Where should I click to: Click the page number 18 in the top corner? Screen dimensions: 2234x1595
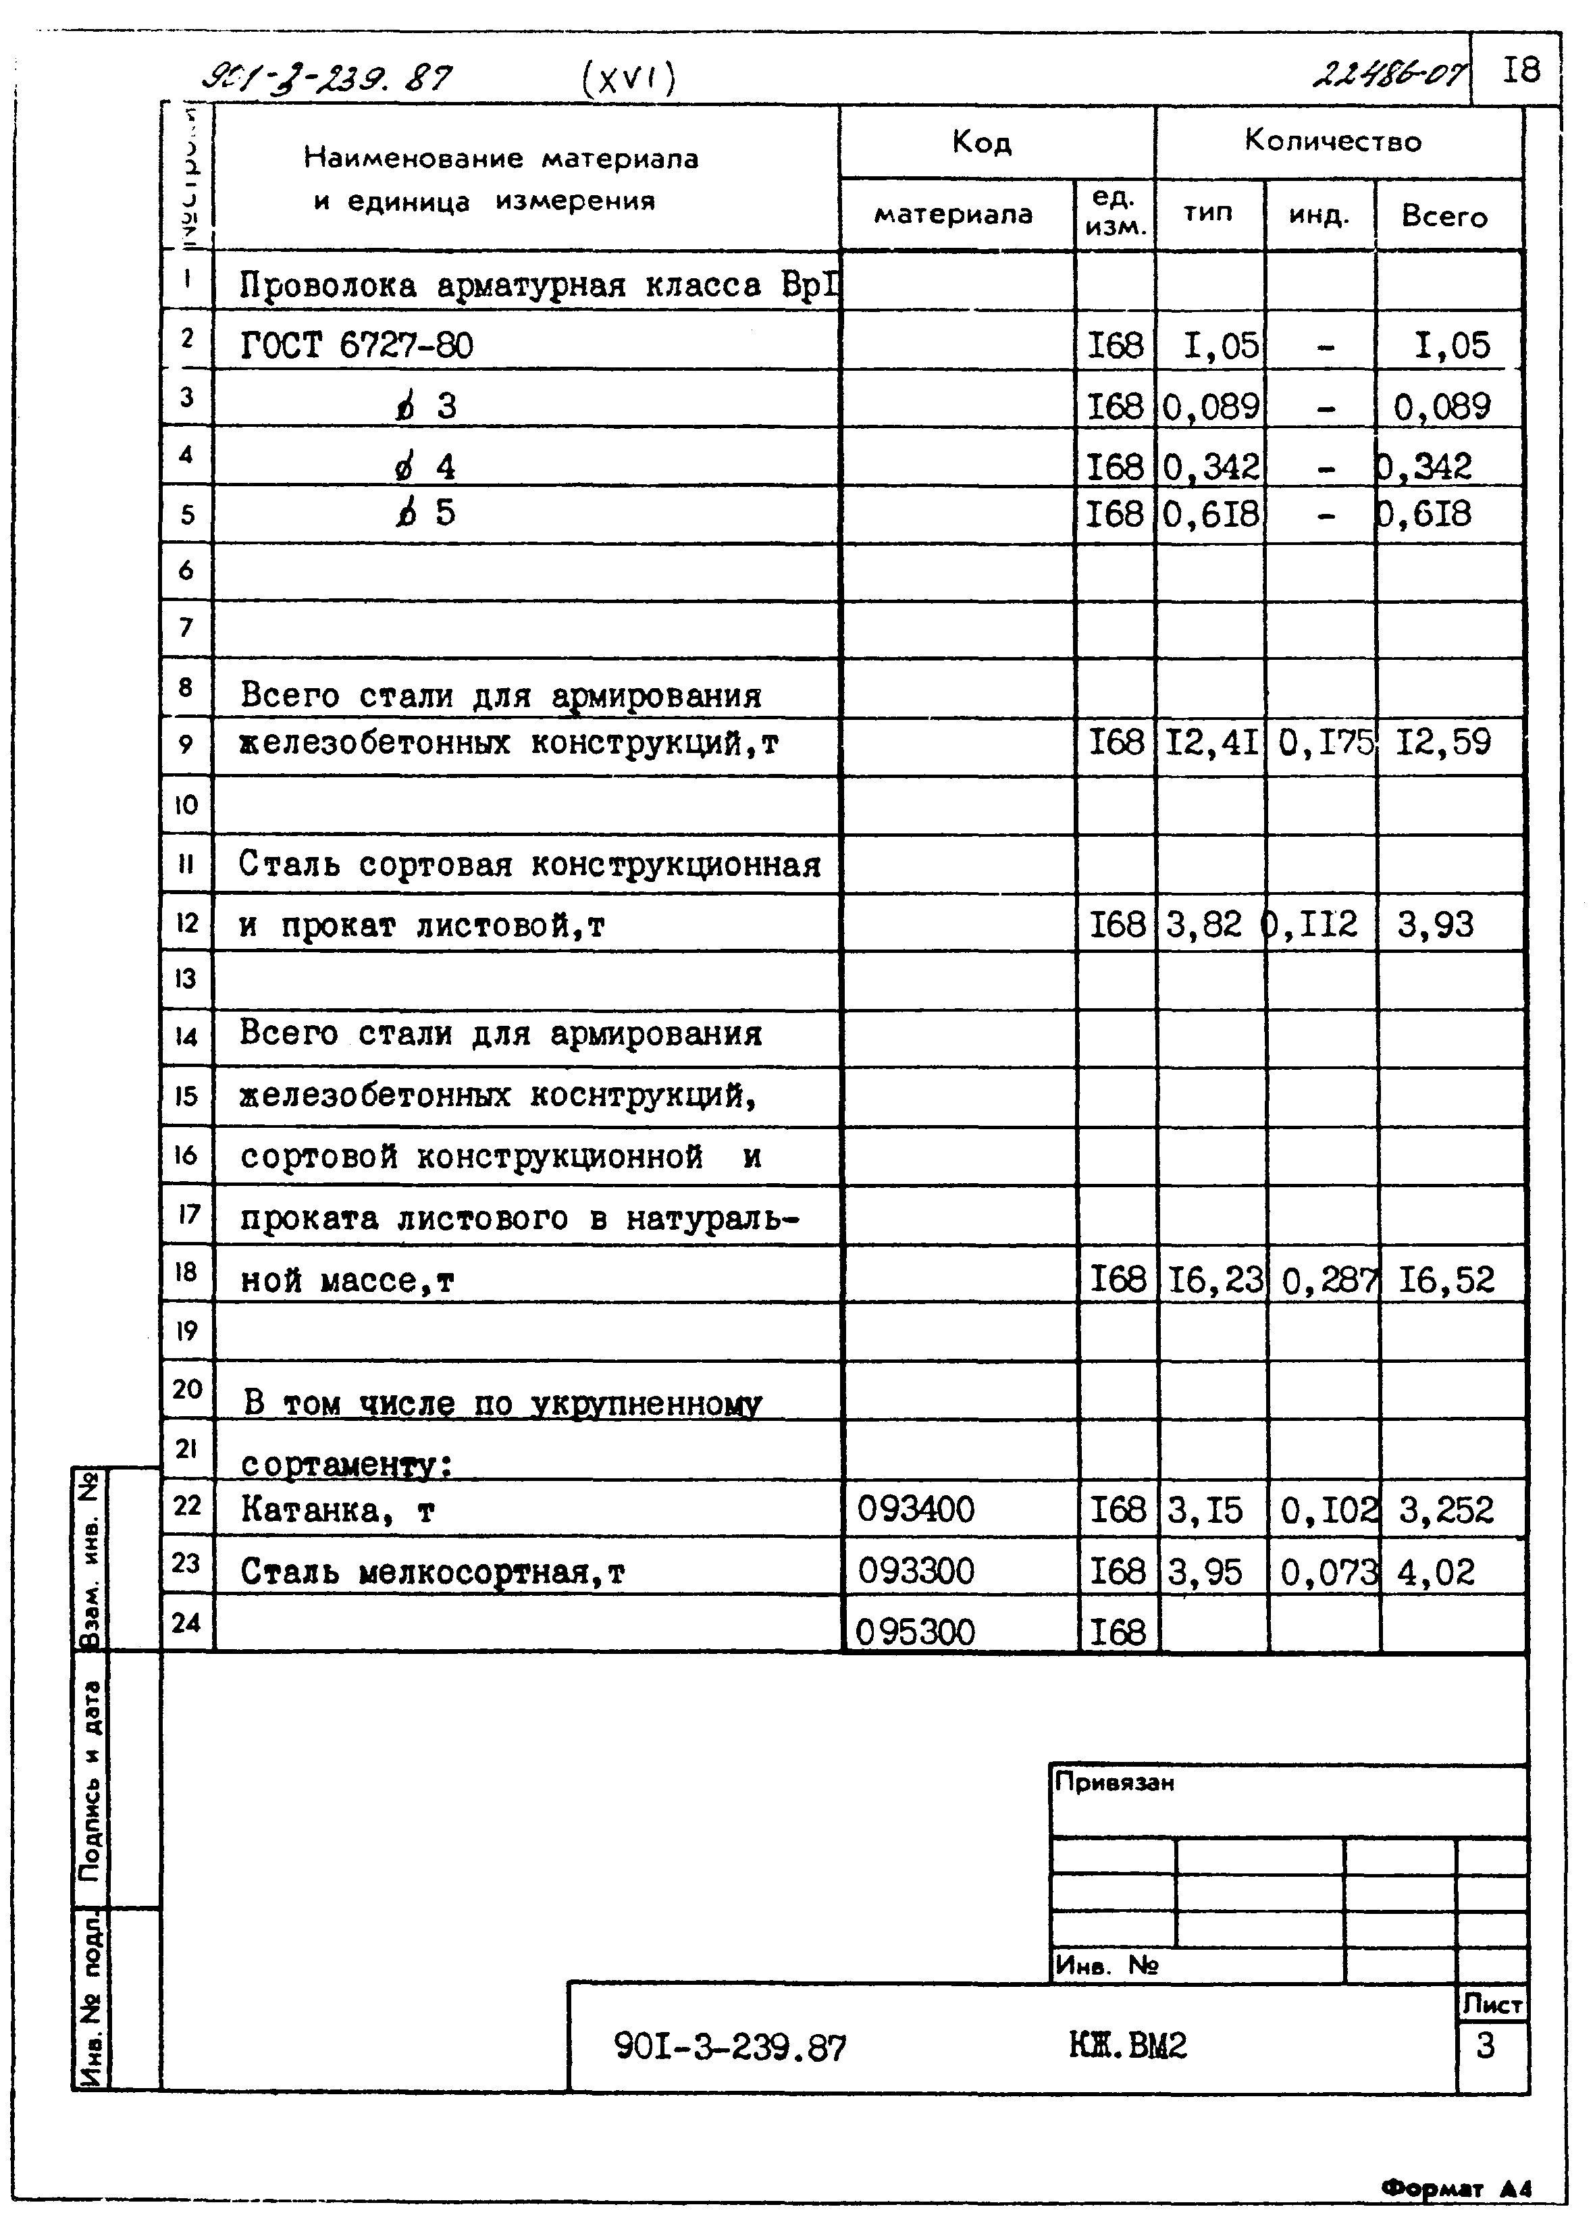1521,70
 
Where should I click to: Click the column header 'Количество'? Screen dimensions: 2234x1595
1333,141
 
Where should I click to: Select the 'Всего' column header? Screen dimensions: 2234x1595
1444,216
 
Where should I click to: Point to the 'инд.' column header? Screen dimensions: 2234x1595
1319,215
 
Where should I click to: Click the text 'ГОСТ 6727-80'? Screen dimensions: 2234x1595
357,346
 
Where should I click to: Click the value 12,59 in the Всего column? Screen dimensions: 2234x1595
1444,742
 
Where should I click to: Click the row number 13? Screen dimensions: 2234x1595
186,979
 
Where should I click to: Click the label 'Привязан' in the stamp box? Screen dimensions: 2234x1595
1115,1782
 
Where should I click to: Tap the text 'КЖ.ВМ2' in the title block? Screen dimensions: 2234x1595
1128,2046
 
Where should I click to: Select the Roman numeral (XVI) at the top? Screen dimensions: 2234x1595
629,78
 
